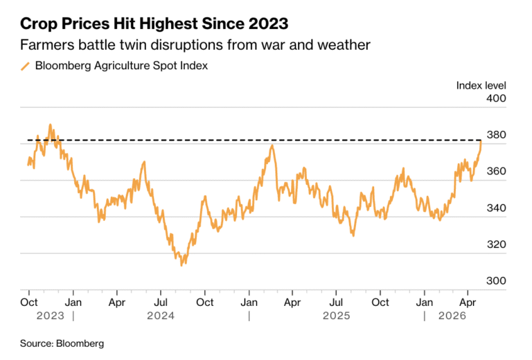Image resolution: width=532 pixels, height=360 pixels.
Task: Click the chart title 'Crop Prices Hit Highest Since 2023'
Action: click(x=154, y=24)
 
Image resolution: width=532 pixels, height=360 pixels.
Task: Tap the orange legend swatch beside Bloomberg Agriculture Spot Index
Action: click(x=26, y=66)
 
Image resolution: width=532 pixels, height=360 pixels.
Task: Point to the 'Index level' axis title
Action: click(x=481, y=85)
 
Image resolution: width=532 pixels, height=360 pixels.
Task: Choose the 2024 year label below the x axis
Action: click(x=160, y=316)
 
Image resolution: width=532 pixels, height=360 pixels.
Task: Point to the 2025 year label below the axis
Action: click(x=336, y=316)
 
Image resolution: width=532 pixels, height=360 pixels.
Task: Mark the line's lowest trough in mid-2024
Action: click(x=181, y=265)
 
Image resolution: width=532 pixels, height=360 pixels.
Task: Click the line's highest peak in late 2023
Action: click(x=50, y=125)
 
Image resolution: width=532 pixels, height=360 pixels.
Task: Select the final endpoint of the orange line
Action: click(x=481, y=141)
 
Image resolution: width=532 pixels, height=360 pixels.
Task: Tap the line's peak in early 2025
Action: click(x=272, y=145)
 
